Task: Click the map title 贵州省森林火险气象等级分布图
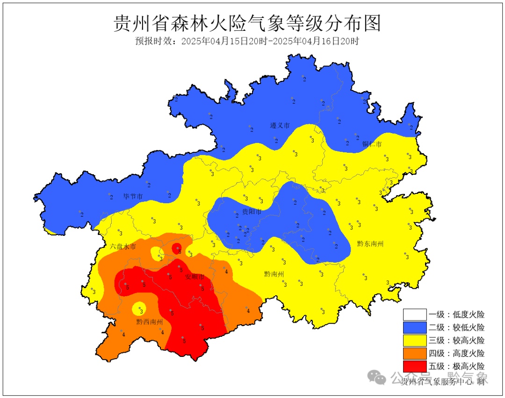247,23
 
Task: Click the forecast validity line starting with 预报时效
247,41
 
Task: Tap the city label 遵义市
280,126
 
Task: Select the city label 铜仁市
372,144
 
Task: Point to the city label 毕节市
133,196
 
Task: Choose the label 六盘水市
123,246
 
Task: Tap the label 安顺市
195,277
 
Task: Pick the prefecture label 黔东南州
370,243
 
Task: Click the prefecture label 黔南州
274,274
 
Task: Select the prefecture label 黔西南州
150,322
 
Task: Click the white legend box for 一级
415,315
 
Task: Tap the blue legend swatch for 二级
415,327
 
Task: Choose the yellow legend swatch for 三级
415,340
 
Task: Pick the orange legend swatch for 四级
415,353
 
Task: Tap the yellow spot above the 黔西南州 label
140,309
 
